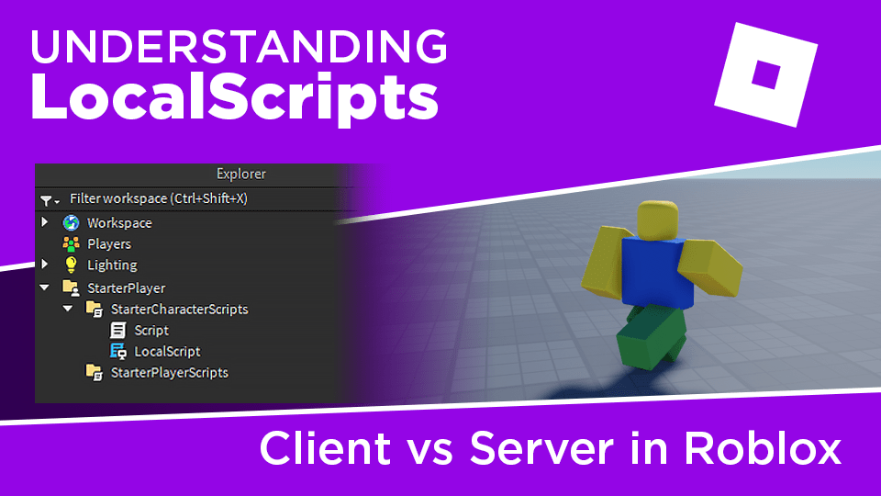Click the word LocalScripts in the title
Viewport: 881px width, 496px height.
tap(234, 97)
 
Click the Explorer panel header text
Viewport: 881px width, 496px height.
tap(241, 174)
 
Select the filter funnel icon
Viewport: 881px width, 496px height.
tap(47, 199)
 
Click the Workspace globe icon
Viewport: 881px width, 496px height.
tap(71, 223)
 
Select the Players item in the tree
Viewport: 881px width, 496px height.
tap(108, 244)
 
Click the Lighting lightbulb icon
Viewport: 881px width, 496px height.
tap(71, 265)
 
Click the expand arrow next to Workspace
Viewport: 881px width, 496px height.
tap(44, 223)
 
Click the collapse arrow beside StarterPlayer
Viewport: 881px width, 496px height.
tap(44, 287)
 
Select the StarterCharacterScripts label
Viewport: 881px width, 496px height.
tap(179, 310)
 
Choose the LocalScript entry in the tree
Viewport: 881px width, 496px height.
tap(166, 352)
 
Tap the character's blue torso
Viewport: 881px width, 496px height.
tap(657, 272)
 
